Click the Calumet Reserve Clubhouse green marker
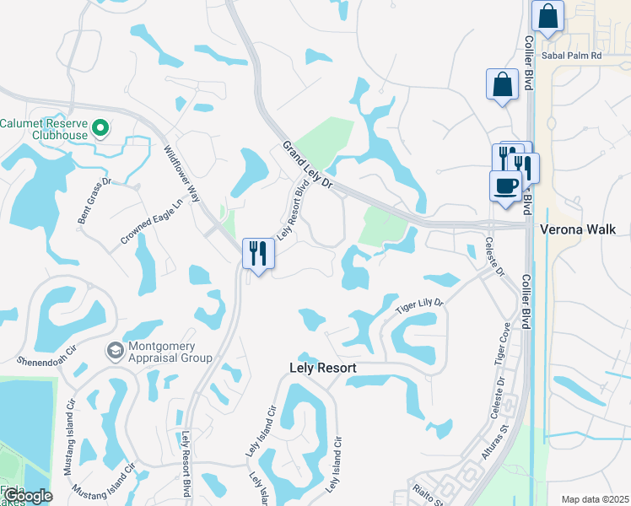pyautogui.click(x=100, y=129)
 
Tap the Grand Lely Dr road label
pyautogui.click(x=309, y=165)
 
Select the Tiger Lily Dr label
pyautogui.click(x=419, y=304)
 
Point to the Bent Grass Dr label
pyautogui.click(x=94, y=201)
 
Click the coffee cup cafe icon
pyautogui.click(x=505, y=186)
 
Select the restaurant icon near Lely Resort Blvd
pyautogui.click(x=258, y=253)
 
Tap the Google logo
pyautogui.click(x=27, y=496)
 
